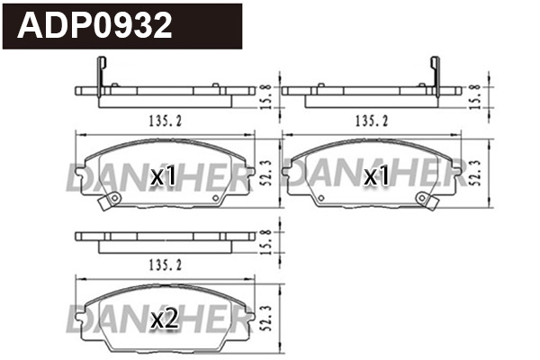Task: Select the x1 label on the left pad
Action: [x=163, y=177]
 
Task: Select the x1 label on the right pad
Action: [x=375, y=177]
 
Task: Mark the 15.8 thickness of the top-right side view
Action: [x=476, y=93]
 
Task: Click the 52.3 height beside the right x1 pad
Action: [x=476, y=171]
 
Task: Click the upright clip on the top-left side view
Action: [x=100, y=74]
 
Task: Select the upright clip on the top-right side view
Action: [x=435, y=74]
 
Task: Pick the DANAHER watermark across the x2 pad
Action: [x=157, y=317]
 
